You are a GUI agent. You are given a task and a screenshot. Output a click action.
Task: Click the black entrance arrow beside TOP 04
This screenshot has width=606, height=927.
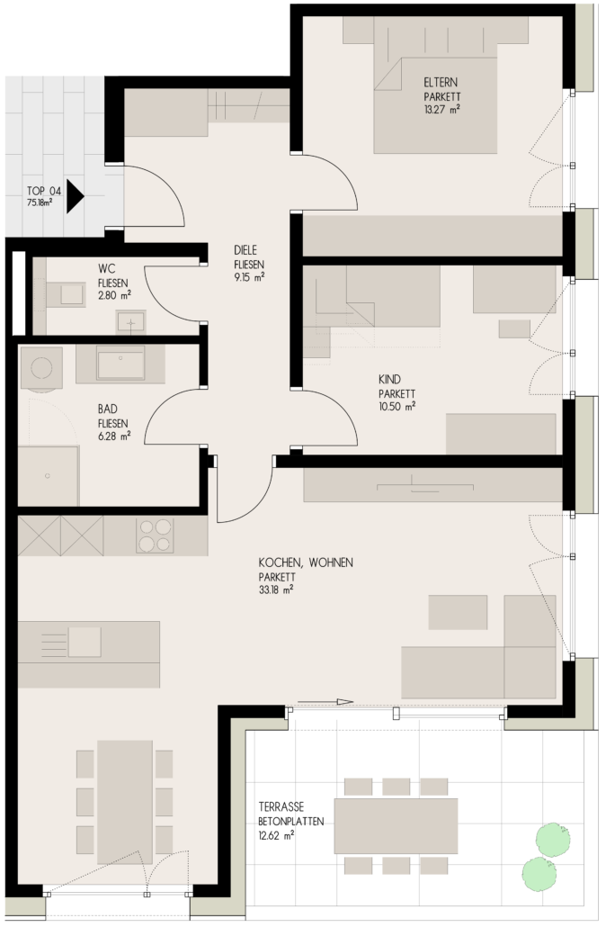75,195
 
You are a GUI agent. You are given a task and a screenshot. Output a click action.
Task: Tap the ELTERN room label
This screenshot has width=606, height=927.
440,82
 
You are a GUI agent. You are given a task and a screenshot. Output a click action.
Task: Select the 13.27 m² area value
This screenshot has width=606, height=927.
441,110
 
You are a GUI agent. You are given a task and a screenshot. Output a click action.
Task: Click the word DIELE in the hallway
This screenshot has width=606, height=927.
245,250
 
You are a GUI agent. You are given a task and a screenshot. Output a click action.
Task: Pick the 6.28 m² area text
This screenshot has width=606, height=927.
114,436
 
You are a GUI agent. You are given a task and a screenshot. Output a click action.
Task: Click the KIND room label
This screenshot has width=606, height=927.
390,379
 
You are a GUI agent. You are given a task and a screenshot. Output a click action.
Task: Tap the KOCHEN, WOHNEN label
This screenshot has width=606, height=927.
306,562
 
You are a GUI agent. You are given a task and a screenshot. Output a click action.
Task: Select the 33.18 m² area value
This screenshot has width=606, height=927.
276,589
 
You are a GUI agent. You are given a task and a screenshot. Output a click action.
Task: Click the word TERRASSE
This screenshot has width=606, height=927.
281,806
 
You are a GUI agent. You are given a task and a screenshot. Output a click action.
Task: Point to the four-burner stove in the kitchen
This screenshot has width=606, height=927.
156,535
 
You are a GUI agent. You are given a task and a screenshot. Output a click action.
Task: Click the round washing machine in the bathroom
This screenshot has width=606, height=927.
41,368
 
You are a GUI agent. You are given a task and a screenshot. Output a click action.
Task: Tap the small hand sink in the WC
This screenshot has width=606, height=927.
130,321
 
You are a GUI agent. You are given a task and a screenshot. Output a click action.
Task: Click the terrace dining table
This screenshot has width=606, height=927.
396,825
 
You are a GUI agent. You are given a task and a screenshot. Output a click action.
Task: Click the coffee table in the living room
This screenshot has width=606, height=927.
458,613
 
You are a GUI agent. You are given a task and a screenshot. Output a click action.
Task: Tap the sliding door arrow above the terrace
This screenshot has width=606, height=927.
325,702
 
